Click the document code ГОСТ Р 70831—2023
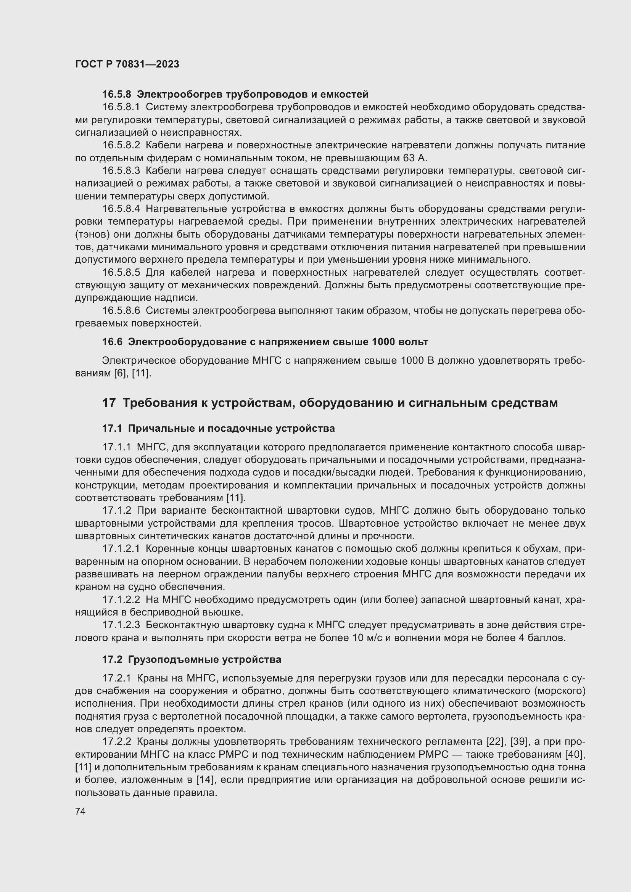[x=127, y=64]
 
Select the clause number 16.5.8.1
[x=121, y=107]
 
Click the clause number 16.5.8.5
[x=121, y=273]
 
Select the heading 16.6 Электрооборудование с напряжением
[x=265, y=342]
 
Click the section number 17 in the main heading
[x=109, y=403]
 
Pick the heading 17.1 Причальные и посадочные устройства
[x=218, y=429]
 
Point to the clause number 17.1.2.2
[x=121, y=600]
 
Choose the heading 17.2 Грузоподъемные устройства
[x=192, y=660]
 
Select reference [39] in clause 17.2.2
[x=519, y=742]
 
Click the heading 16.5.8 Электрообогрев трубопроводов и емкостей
[x=235, y=95]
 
